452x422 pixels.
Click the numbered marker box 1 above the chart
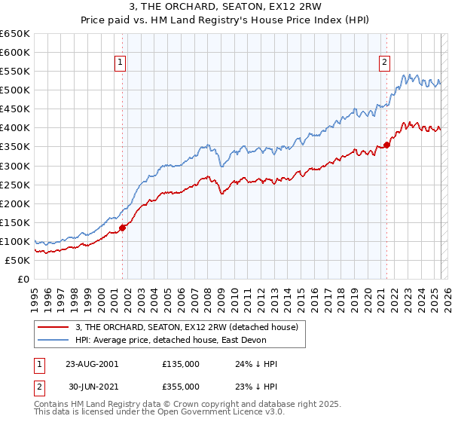[x=121, y=63]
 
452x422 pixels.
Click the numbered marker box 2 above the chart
[x=385, y=63]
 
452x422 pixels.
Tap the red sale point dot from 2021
[x=386, y=145]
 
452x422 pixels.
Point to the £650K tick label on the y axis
[x=15, y=34]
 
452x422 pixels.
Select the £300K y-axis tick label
[x=15, y=166]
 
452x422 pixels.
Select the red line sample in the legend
[x=53, y=326]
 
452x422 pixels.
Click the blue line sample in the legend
[x=53, y=340]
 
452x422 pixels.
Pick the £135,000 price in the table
[x=180, y=364]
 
